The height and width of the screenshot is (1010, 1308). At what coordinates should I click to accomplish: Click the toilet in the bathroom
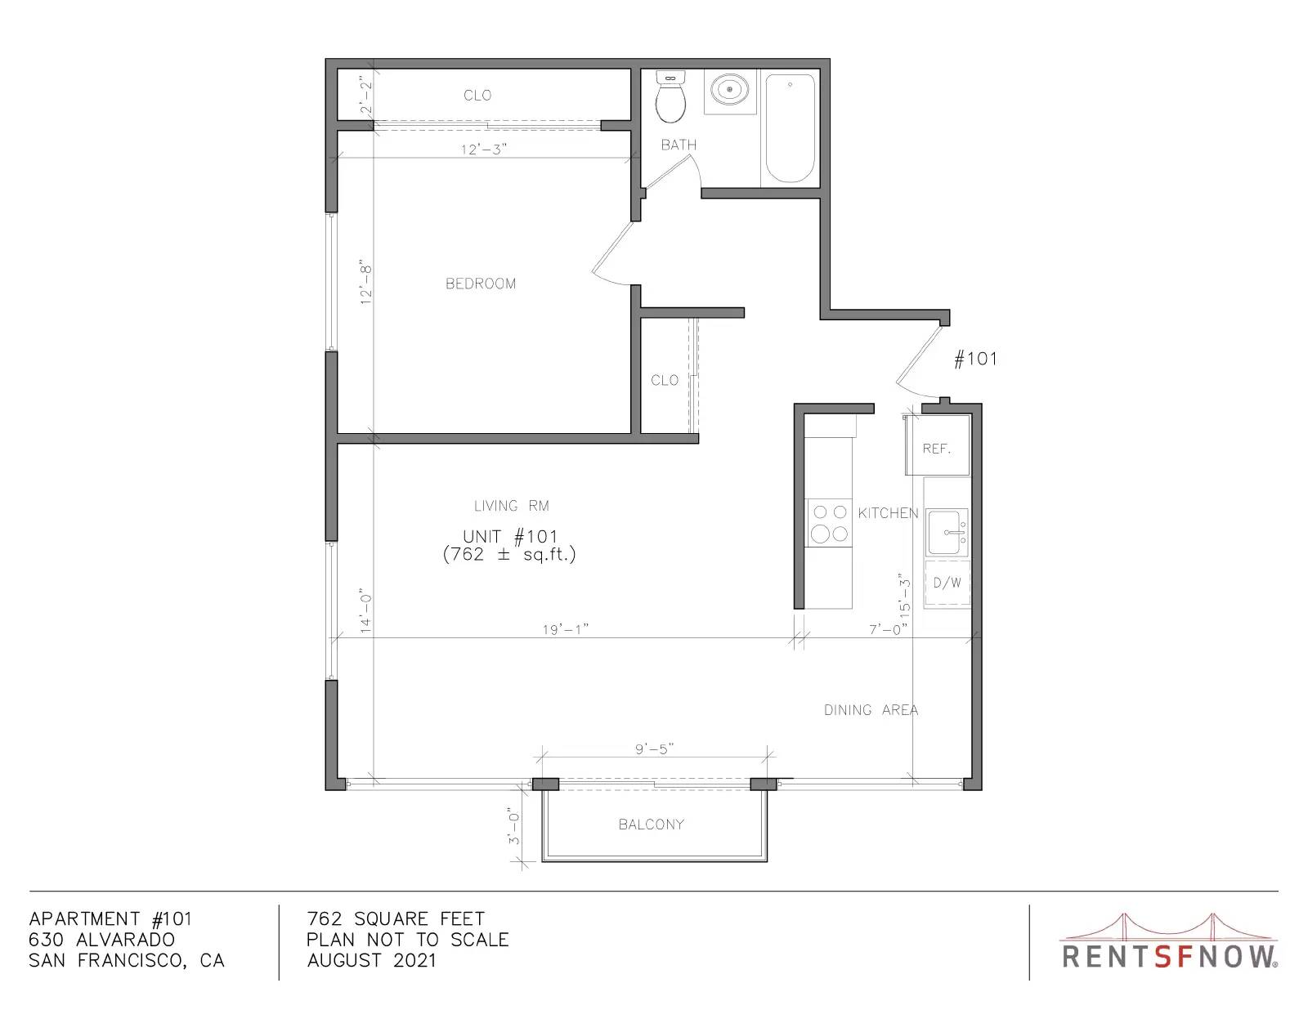(670, 96)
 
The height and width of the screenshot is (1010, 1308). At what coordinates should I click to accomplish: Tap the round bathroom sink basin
(730, 90)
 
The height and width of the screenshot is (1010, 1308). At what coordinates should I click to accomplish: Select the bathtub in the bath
(790, 127)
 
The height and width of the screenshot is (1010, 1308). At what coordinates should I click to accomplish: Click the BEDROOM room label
(481, 284)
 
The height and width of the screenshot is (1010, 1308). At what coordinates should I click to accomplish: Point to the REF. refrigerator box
(937, 445)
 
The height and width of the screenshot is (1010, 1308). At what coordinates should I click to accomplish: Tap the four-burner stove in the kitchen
(829, 523)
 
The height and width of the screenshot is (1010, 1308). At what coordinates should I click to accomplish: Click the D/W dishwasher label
(947, 583)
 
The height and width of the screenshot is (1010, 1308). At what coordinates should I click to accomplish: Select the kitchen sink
(947, 532)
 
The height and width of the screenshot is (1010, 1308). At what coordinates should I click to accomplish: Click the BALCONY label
(652, 825)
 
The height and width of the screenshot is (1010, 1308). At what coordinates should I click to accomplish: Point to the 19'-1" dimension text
(565, 629)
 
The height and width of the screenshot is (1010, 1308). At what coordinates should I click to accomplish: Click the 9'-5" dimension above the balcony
(654, 749)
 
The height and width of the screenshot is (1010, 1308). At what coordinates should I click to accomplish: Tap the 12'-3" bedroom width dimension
(484, 149)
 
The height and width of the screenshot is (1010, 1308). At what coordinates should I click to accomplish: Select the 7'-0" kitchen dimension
(888, 629)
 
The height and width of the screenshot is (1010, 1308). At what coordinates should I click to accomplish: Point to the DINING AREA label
(871, 710)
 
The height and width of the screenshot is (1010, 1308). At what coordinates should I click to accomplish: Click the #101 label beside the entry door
(976, 359)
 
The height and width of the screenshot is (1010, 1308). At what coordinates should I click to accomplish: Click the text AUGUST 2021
(371, 961)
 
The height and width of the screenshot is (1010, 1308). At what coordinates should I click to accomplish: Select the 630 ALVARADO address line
(101, 940)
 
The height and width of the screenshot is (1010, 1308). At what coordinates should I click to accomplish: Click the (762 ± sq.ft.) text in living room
(509, 554)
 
